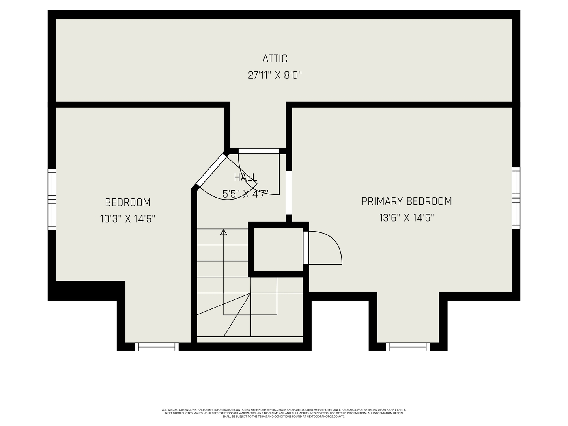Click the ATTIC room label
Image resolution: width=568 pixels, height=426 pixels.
tap(275, 59)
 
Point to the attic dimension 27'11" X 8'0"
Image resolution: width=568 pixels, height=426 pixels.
tap(275, 75)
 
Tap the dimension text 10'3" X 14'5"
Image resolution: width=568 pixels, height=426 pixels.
tap(128, 219)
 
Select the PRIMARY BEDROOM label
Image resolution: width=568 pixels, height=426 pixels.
tap(407, 201)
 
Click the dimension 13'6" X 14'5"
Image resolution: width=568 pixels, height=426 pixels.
tap(407, 218)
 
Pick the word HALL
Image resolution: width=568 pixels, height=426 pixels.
tap(245, 177)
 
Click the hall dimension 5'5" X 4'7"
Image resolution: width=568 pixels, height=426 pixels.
tap(245, 194)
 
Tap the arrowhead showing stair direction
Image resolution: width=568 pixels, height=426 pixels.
tap(224, 232)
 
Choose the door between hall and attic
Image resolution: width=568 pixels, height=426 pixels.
tap(259, 151)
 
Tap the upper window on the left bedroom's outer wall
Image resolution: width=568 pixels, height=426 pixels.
tap(52, 184)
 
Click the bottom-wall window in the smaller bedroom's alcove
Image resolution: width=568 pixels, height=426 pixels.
tap(157, 347)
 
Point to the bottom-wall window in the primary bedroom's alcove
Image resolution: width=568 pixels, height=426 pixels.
tap(408, 347)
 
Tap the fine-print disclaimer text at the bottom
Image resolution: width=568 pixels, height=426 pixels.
tap(284, 413)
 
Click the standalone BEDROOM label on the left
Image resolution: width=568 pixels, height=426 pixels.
tap(128, 202)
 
